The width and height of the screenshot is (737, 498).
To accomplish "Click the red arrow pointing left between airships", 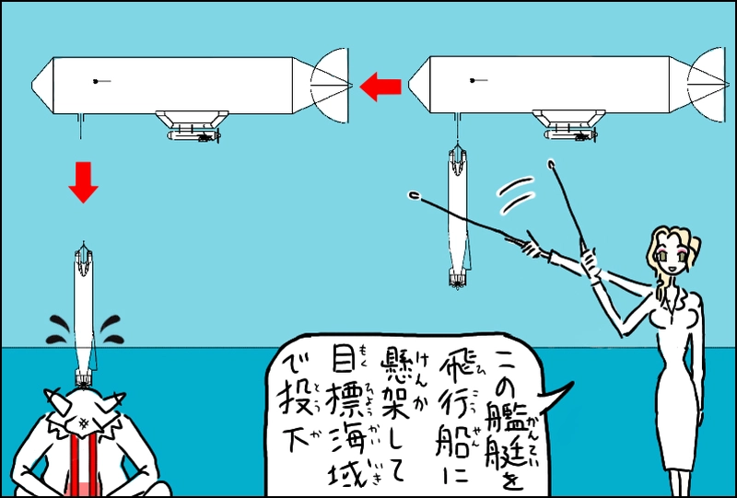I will coord(380,87).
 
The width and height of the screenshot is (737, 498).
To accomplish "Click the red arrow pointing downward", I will coord(83,183).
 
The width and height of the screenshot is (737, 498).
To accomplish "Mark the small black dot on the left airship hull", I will coord(96,82).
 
